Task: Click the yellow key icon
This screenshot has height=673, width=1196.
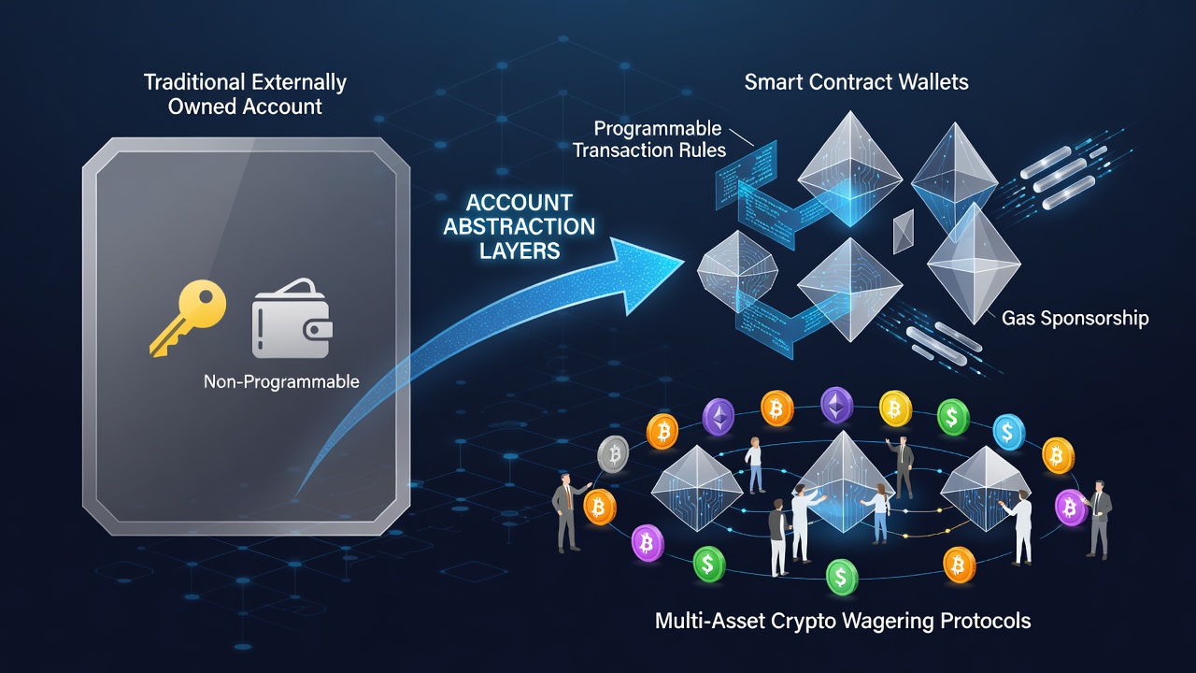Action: coord(188,317)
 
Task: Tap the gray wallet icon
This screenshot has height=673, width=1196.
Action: coord(292,319)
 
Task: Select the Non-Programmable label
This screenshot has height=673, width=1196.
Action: coord(281,381)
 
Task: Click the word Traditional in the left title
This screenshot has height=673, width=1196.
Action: coord(193,82)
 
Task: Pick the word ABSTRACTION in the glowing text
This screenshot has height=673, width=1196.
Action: coord(519,226)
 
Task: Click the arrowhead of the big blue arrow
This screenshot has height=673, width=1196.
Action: coord(648,276)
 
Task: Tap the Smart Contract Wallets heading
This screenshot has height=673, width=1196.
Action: coord(856,81)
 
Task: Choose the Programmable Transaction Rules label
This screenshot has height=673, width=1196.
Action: coord(649,139)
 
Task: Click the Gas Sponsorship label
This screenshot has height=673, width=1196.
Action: coord(1075,318)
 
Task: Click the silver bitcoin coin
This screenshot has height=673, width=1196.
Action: coord(613,453)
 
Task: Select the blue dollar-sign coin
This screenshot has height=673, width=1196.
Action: coord(1008,432)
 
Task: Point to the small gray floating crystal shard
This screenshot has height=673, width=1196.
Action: coord(903,231)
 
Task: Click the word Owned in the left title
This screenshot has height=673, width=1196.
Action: coord(203,107)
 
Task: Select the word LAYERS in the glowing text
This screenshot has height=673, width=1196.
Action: coord(520,251)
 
